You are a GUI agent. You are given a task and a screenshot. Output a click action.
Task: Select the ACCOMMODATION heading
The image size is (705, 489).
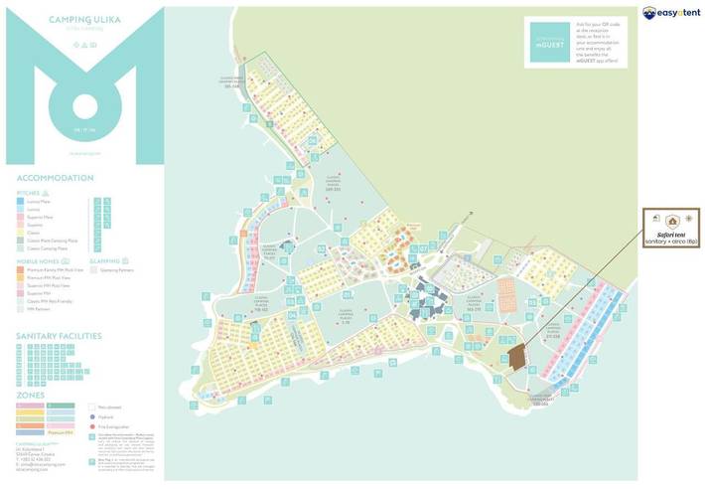coord(56,178)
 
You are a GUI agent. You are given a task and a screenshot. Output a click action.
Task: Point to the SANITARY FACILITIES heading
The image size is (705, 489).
coord(59,336)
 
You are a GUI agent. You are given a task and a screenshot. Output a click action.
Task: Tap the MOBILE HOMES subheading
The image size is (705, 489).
coord(35,261)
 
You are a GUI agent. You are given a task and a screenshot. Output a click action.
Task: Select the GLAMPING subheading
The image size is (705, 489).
coord(105,261)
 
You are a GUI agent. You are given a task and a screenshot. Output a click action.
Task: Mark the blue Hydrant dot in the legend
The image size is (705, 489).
coord(92,417)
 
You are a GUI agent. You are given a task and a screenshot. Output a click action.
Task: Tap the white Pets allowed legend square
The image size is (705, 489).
coord(92,407)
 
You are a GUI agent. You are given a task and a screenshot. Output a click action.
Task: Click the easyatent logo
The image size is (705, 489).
coord(671,13)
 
